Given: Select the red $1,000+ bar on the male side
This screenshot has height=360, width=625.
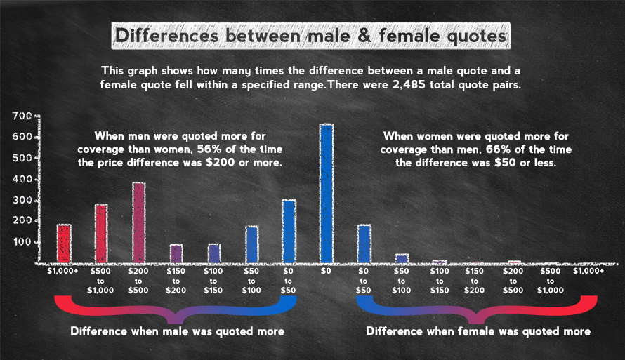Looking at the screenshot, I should [x=64, y=242].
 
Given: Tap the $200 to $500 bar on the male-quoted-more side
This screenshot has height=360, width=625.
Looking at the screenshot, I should [x=139, y=222].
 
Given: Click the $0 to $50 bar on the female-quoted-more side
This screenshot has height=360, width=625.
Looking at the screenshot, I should [x=364, y=243].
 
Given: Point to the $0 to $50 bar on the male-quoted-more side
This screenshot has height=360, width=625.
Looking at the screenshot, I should [x=289, y=230].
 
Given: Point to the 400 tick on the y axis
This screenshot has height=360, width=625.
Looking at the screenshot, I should [x=22, y=180].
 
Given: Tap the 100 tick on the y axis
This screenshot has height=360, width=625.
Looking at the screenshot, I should [x=22, y=242].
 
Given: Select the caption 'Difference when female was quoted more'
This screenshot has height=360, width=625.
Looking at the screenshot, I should [x=479, y=331].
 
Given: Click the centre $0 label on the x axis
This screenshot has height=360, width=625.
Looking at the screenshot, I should [x=326, y=270].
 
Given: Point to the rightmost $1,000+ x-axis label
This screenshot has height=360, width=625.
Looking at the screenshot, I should [x=588, y=270].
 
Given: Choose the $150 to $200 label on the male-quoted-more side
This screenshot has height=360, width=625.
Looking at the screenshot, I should [x=176, y=280].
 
